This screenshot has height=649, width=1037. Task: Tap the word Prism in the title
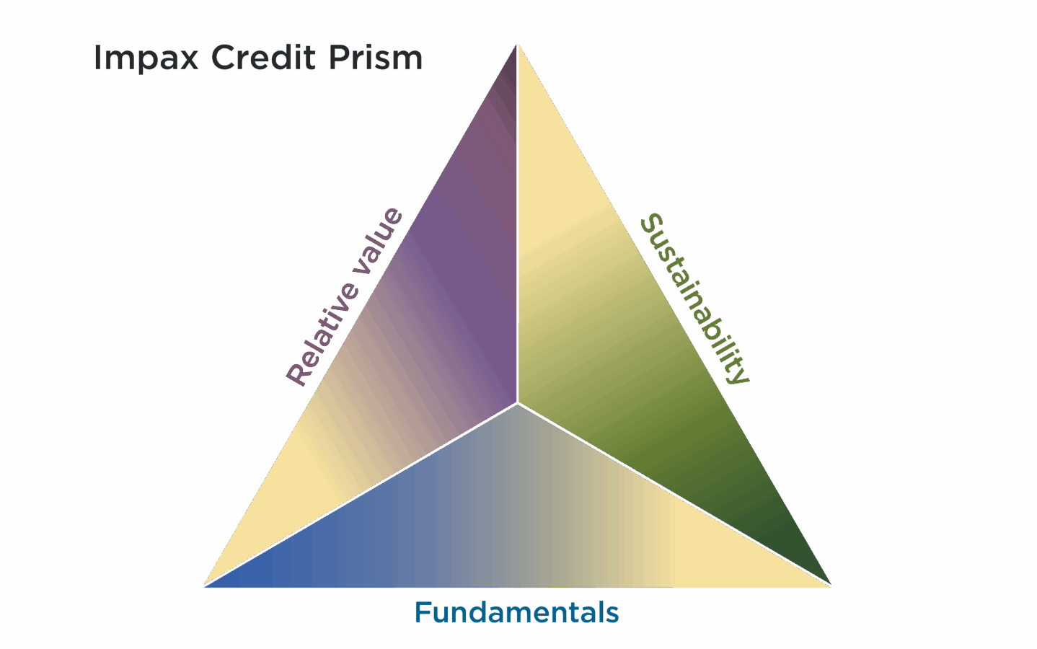pyautogui.click(x=375, y=58)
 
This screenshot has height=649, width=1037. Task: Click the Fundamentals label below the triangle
pyautogui.click(x=516, y=613)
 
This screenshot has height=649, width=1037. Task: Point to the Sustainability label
pyautogui.click(x=694, y=298)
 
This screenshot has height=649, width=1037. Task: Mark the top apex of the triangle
pyautogui.click(x=518, y=46)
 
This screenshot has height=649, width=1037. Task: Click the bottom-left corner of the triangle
pyautogui.click(x=206, y=585)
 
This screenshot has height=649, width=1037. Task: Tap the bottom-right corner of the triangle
pyautogui.click(x=829, y=585)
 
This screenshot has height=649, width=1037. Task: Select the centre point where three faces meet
pyautogui.click(x=517, y=403)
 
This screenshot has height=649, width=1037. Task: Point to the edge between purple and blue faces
pyautogui.click(x=361, y=495)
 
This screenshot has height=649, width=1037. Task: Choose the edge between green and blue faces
pyautogui.click(x=674, y=495)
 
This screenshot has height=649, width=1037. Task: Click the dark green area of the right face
pyautogui.click(x=779, y=534)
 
